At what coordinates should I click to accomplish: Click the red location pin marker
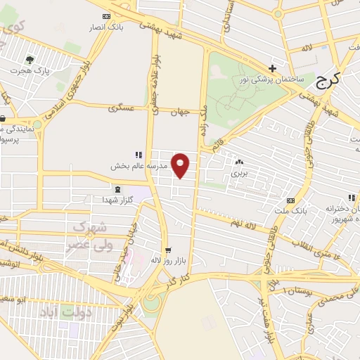pyautogui.click(x=181, y=165)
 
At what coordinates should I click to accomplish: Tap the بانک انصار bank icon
pyautogui.click(x=106, y=16)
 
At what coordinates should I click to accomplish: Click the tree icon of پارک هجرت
pyautogui.click(x=30, y=60)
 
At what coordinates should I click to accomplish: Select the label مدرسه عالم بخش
pyautogui.click(x=138, y=167)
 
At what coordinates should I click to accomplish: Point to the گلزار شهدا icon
pyautogui.click(x=117, y=189)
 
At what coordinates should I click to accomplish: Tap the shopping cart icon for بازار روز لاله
pyautogui.click(x=167, y=250)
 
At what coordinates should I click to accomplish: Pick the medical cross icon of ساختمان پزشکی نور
pyautogui.click(x=272, y=69)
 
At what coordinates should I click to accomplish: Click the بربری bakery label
pyautogui.click(x=240, y=172)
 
